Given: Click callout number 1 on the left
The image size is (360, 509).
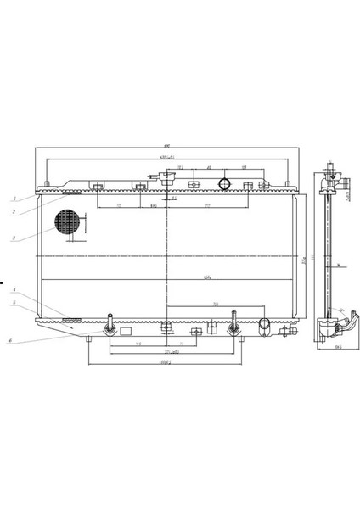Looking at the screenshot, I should point(14,198).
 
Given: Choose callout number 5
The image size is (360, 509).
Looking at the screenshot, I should point(14,303).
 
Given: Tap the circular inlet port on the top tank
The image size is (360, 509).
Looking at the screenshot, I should point(225,184).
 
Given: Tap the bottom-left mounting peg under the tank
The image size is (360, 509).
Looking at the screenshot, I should point(89,339).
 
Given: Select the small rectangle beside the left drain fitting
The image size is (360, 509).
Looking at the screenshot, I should point(126,332).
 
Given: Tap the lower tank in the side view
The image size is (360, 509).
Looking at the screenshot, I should point(327,329).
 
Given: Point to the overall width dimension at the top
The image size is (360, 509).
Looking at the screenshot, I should point(167,148).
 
